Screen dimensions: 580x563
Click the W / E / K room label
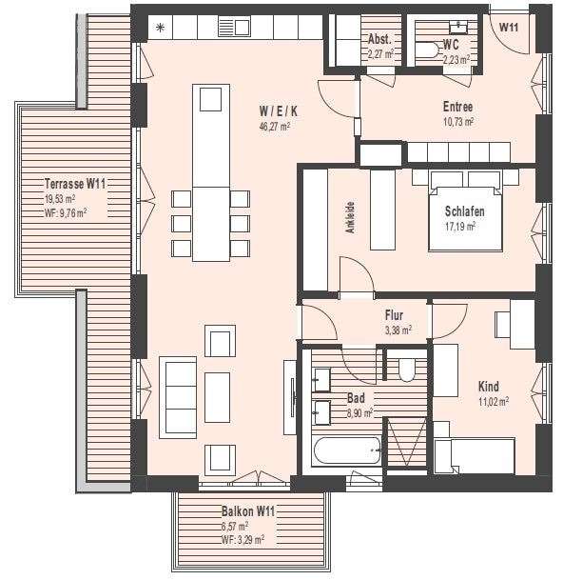(274, 109)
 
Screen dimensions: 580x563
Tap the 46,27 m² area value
(274, 125)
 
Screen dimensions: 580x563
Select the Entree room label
(457, 107)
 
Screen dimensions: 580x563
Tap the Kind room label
(489, 387)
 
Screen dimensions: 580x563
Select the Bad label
(357, 398)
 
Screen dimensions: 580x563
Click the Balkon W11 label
(247, 511)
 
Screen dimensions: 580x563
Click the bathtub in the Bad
(347, 449)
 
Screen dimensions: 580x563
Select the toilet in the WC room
(425, 55)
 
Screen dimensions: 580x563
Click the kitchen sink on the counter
(235, 27)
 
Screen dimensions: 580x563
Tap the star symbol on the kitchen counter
(160, 27)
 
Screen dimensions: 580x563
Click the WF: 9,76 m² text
(66, 213)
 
